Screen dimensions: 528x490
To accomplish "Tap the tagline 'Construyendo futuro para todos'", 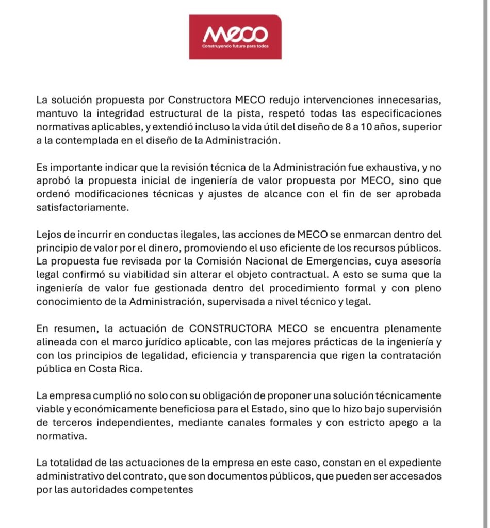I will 235,46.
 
